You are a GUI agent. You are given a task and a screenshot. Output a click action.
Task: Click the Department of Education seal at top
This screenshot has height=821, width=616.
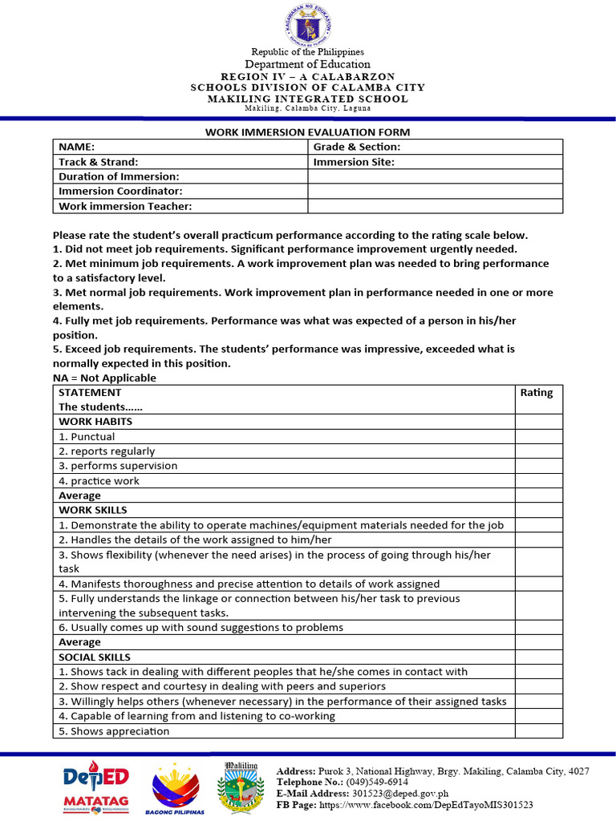[307, 23]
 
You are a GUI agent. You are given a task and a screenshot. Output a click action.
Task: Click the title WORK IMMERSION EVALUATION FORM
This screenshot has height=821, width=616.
[308, 132]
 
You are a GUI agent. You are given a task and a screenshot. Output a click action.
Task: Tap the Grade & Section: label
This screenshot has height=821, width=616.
[356, 147]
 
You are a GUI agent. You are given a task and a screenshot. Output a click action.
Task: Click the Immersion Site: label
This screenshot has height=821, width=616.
[354, 162]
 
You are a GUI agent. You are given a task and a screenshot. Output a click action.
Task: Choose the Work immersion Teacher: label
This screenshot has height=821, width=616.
[125, 206]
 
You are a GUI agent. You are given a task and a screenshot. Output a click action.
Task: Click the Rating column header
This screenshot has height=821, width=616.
[537, 393]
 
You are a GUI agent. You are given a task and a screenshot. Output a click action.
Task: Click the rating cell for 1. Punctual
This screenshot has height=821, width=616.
[538, 437]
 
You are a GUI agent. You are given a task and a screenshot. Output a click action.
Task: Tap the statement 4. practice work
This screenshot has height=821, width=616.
[99, 481]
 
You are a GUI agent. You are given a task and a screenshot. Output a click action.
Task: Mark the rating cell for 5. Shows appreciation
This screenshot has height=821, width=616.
[538, 731]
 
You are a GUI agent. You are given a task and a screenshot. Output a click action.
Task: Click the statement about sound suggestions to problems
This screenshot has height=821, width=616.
[201, 628]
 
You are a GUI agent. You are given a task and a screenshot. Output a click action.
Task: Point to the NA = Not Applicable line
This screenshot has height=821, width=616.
[104, 378]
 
